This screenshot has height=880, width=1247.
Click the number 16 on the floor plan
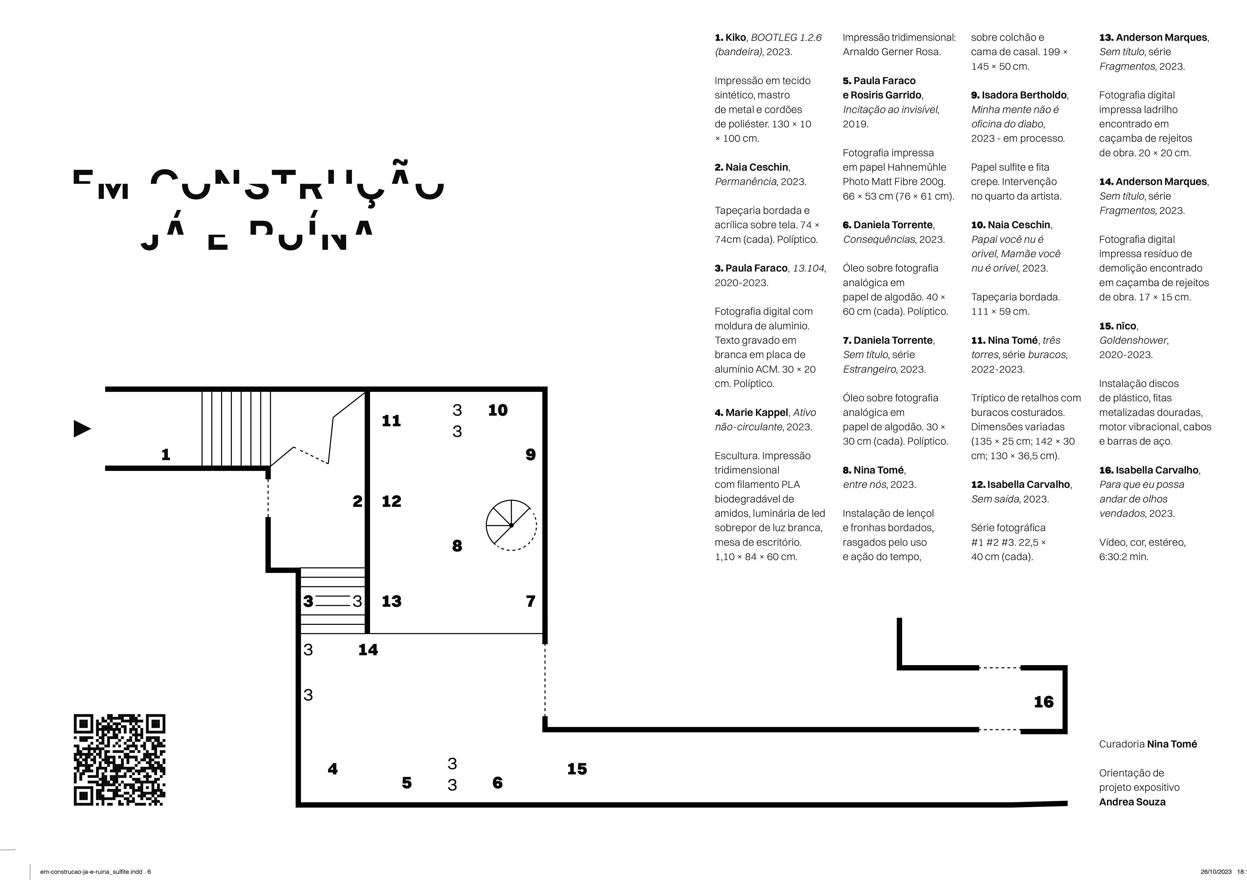pyautogui.click(x=1043, y=702)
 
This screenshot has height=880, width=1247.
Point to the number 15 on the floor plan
pyautogui.click(x=577, y=769)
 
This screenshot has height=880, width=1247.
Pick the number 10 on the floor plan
pyautogui.click(x=497, y=410)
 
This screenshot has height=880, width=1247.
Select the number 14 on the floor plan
pyautogui.click(x=368, y=650)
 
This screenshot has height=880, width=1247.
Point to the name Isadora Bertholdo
pyautogui.click(x=1024, y=95)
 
